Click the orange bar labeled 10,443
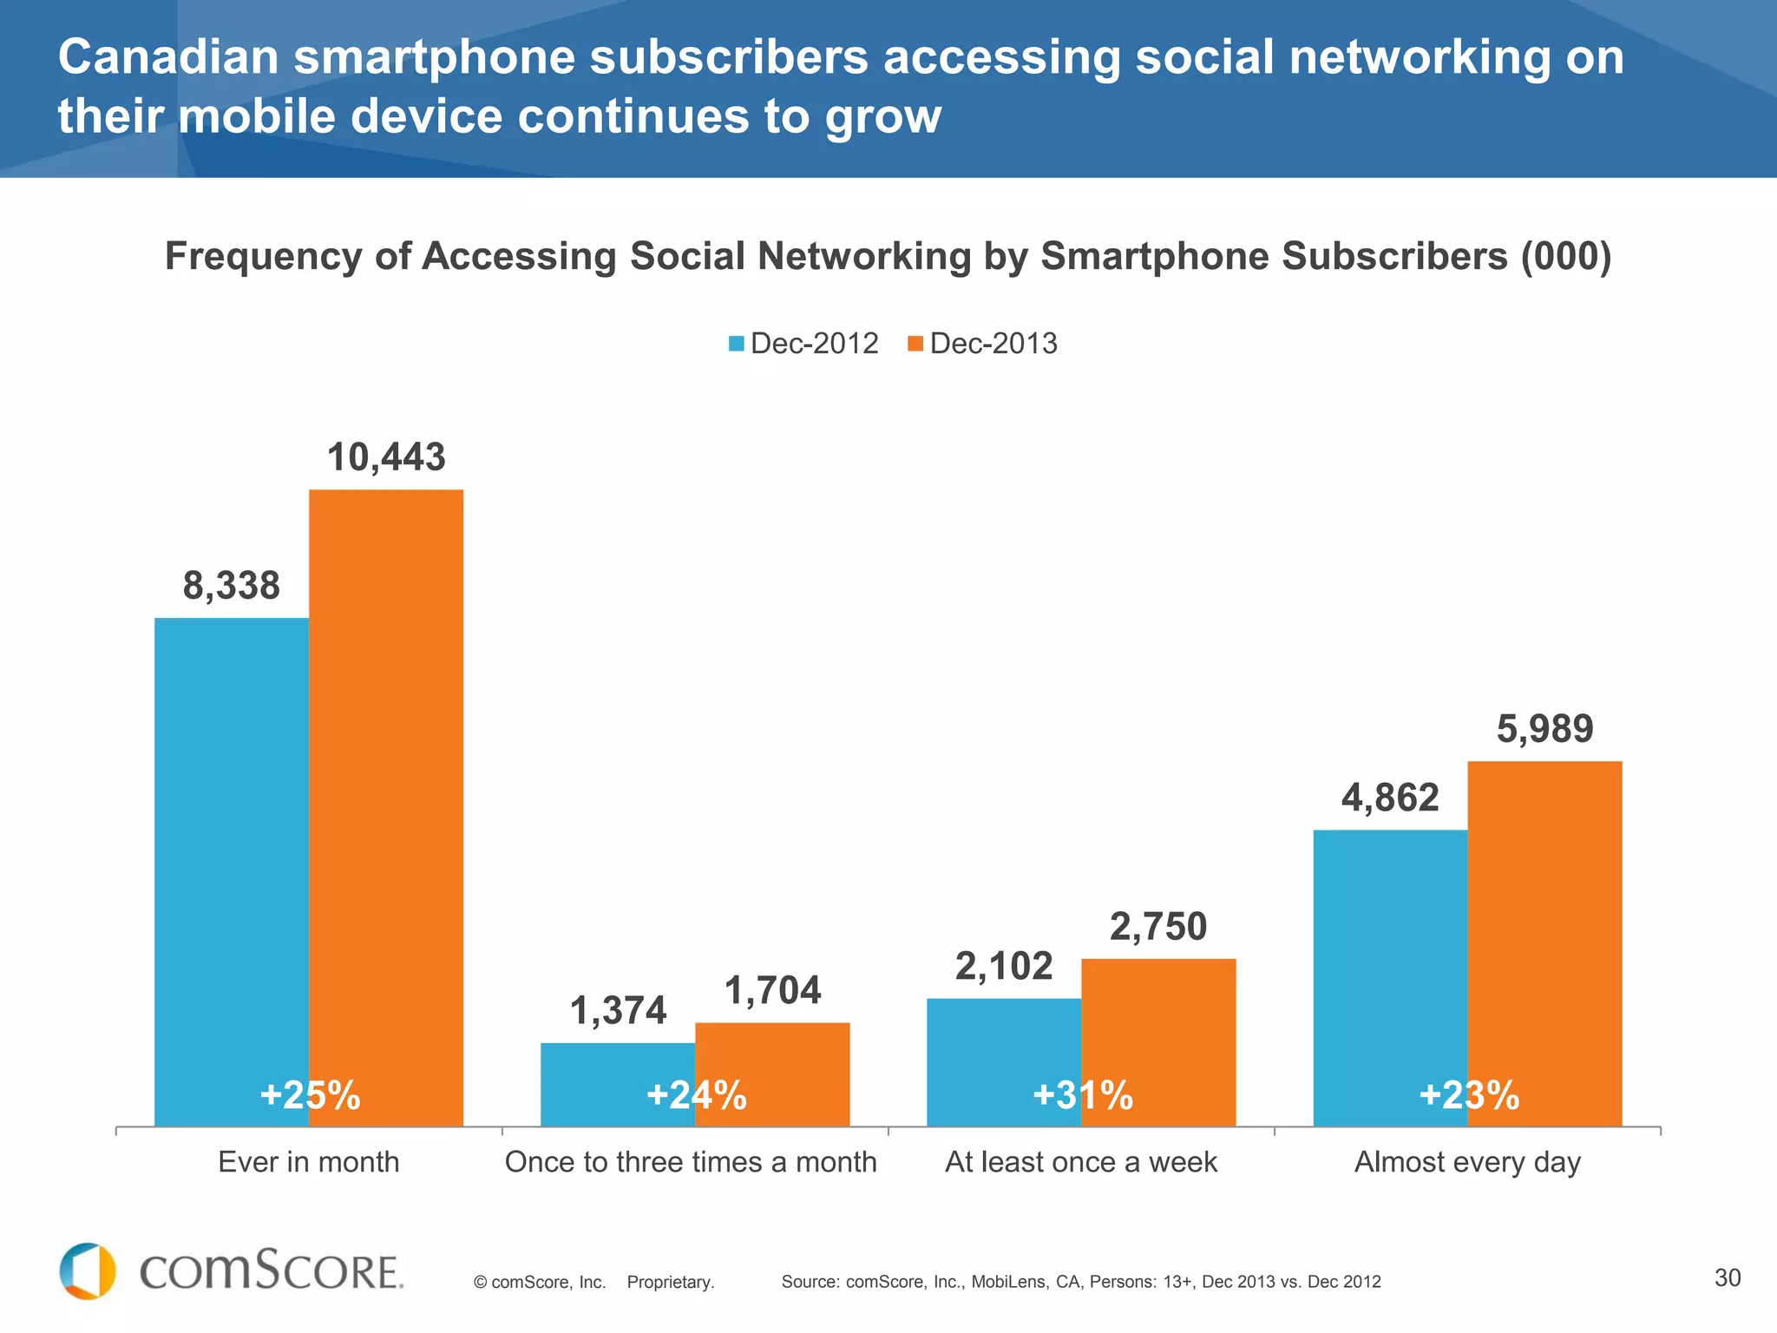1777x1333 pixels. [x=386, y=781]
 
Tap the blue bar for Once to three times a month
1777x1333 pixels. [x=618, y=1076]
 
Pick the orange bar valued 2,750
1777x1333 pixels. [x=1158, y=1024]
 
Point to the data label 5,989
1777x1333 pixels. [x=1544, y=729]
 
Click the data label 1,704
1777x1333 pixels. [x=772, y=991]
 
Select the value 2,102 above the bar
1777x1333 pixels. [x=1004, y=967]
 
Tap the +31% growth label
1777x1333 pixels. [x=1082, y=1095]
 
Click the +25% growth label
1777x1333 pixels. [x=310, y=1095]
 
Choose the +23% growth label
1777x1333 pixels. [x=1468, y=1095]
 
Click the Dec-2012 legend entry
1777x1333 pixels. [x=804, y=344]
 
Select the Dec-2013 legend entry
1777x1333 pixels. [x=983, y=344]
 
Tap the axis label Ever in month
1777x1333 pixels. [x=309, y=1162]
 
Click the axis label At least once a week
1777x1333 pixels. [x=1081, y=1162]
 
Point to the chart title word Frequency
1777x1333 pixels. [x=263, y=257]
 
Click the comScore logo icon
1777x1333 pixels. [x=88, y=1271]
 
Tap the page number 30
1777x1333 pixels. [x=1728, y=1277]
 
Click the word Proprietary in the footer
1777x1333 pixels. [x=671, y=1283]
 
